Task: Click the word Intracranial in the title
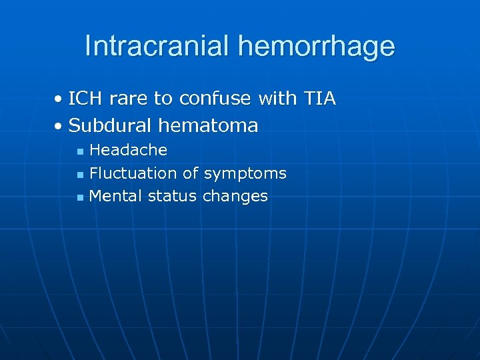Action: [157, 46]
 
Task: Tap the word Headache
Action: [128, 150]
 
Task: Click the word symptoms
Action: [245, 174]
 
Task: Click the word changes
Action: [235, 197]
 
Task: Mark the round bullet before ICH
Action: [59, 100]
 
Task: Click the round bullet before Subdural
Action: [59, 125]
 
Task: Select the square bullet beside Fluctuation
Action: [79, 175]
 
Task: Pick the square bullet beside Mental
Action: [79, 197]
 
